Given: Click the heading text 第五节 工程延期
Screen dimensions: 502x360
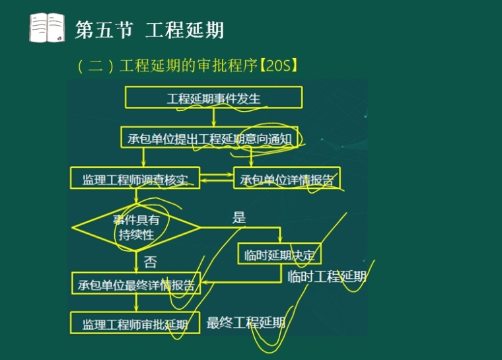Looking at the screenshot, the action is click(149, 30).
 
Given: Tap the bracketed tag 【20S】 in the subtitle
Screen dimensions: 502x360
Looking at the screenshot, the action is click(280, 65).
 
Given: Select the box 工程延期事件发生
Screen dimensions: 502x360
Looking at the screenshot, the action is click(213, 98).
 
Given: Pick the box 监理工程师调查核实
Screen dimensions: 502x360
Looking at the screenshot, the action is click(135, 178).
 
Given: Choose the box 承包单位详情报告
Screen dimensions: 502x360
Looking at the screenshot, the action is click(287, 178).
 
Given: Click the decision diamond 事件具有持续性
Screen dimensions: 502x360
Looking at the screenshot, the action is click(135, 227).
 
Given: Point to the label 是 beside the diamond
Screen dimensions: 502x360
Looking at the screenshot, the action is click(238, 217).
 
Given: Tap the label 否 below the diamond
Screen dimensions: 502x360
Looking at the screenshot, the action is click(150, 262).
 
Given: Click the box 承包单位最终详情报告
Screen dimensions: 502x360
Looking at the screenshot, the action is click(135, 285).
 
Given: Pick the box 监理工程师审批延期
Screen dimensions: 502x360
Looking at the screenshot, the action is click(135, 324).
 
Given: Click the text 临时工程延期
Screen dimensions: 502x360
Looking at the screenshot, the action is click(326, 277).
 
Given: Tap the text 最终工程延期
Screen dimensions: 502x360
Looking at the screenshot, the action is click(246, 322).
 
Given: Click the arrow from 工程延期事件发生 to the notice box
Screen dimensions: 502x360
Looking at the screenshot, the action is click(213, 118).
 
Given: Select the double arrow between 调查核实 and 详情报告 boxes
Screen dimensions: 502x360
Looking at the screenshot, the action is click(217, 178).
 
